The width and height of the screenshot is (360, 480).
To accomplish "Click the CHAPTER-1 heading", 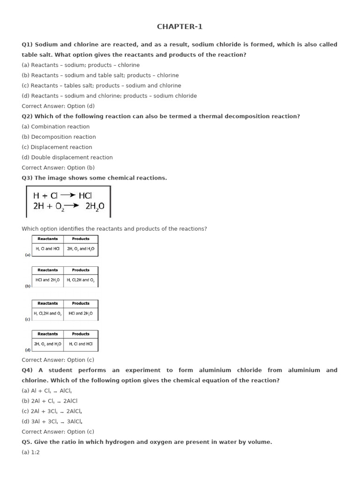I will (180, 27).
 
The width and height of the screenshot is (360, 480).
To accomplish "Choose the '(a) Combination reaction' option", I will (55, 127).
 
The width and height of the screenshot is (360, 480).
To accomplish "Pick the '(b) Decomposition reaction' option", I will (59, 137).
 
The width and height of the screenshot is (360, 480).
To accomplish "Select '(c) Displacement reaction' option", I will (57, 147).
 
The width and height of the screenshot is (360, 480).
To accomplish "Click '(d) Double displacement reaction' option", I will (67, 157).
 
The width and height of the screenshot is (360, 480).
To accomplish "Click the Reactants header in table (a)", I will (48, 239).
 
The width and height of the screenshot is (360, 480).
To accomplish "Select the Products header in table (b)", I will (81, 270).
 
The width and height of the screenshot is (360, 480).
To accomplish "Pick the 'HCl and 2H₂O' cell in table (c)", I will (81, 313).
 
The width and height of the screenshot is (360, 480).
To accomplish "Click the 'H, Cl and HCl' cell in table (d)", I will (81, 344).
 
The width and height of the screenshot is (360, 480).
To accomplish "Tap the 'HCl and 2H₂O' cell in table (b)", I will (48, 280).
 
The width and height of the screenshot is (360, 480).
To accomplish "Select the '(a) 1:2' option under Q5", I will (30, 452).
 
